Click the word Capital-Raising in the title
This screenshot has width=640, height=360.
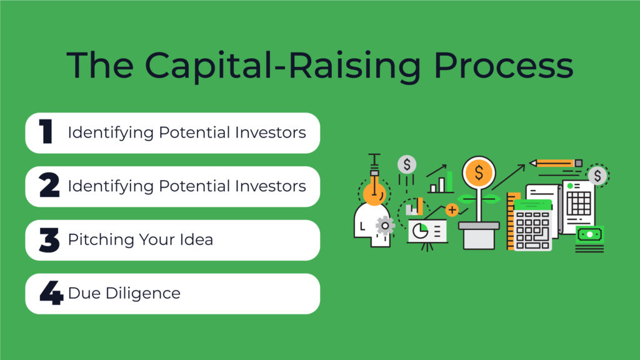click(x=282, y=66)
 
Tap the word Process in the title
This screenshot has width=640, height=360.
click(x=503, y=65)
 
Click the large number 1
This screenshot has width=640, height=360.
click(x=46, y=131)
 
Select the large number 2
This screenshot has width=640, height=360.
click(x=49, y=185)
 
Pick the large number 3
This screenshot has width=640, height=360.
click(x=49, y=239)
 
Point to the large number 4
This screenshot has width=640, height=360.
click(x=51, y=292)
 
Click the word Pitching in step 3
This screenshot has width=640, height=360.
click(x=101, y=239)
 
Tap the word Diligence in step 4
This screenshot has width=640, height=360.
click(x=143, y=293)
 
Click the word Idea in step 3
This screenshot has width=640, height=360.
click(x=196, y=239)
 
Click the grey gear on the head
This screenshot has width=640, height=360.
click(x=385, y=225)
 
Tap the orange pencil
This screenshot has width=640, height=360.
click(x=556, y=163)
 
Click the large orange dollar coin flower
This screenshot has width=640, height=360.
click(x=479, y=172)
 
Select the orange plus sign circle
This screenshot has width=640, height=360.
click(x=452, y=210)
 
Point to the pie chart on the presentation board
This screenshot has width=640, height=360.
click(x=420, y=231)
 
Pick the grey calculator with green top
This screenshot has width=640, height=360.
click(x=533, y=225)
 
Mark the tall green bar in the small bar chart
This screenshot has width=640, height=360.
click(x=449, y=181)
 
